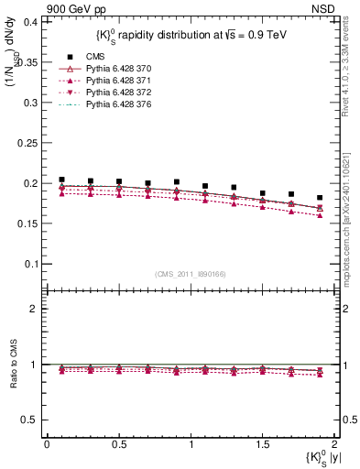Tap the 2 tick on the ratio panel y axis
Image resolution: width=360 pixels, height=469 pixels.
36,309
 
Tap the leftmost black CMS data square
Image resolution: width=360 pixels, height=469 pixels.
61,180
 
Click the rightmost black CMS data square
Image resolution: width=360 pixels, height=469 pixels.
320,197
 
